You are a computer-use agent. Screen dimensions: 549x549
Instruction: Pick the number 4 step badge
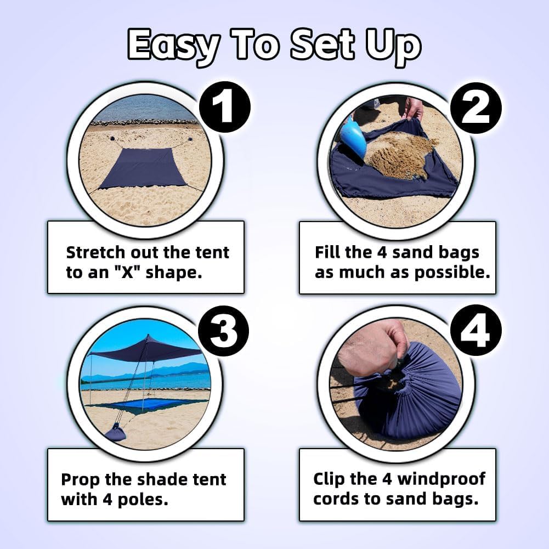tap(476, 331)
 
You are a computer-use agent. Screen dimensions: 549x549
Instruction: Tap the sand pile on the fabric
tap(401, 153)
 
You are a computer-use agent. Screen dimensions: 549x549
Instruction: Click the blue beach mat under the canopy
tap(150, 405)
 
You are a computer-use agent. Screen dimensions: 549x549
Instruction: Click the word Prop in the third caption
tap(80, 479)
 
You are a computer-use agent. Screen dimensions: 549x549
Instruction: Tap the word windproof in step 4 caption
tap(441, 479)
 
